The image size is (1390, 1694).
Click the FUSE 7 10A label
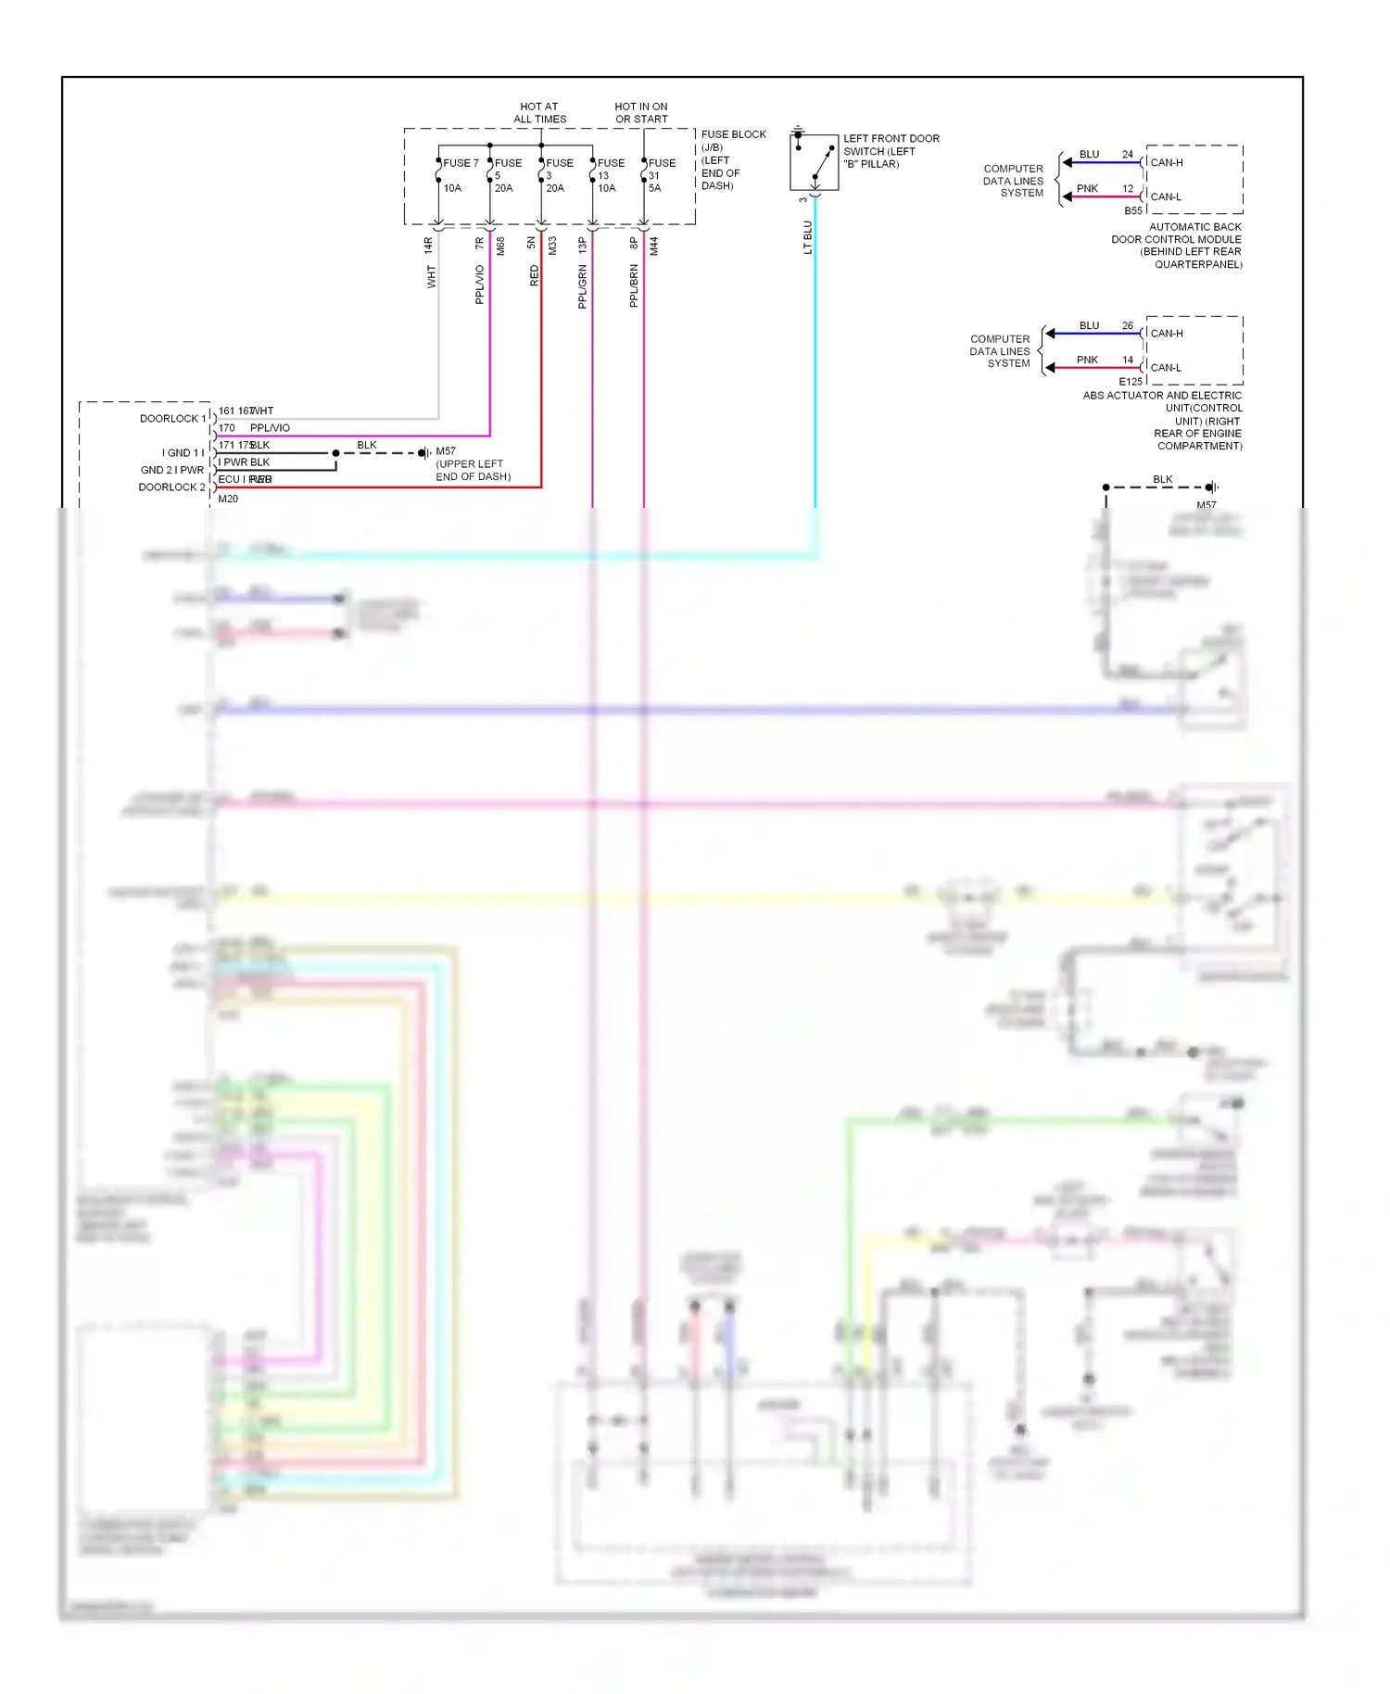[459, 175]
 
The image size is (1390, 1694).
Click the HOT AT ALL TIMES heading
[539, 113]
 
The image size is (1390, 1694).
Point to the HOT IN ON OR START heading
[641, 113]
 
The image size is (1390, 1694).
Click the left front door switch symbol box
[814, 161]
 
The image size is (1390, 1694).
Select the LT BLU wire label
[807, 237]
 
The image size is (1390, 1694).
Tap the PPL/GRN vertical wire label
[582, 286]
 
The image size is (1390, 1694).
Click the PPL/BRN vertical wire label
[634, 286]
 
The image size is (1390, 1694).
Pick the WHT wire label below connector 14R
[431, 276]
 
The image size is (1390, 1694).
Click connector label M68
[500, 247]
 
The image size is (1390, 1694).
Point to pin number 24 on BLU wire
[1128, 155]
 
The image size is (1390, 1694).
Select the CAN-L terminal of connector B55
[1166, 196]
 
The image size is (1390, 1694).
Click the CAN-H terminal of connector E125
[1167, 334]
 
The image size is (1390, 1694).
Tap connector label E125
[1131, 382]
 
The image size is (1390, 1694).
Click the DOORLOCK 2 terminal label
[171, 487]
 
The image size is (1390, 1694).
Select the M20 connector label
[228, 499]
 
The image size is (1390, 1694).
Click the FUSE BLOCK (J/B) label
[733, 141]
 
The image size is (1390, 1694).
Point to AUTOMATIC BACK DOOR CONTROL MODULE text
[1176, 239]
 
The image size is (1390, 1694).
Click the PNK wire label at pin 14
[1087, 360]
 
